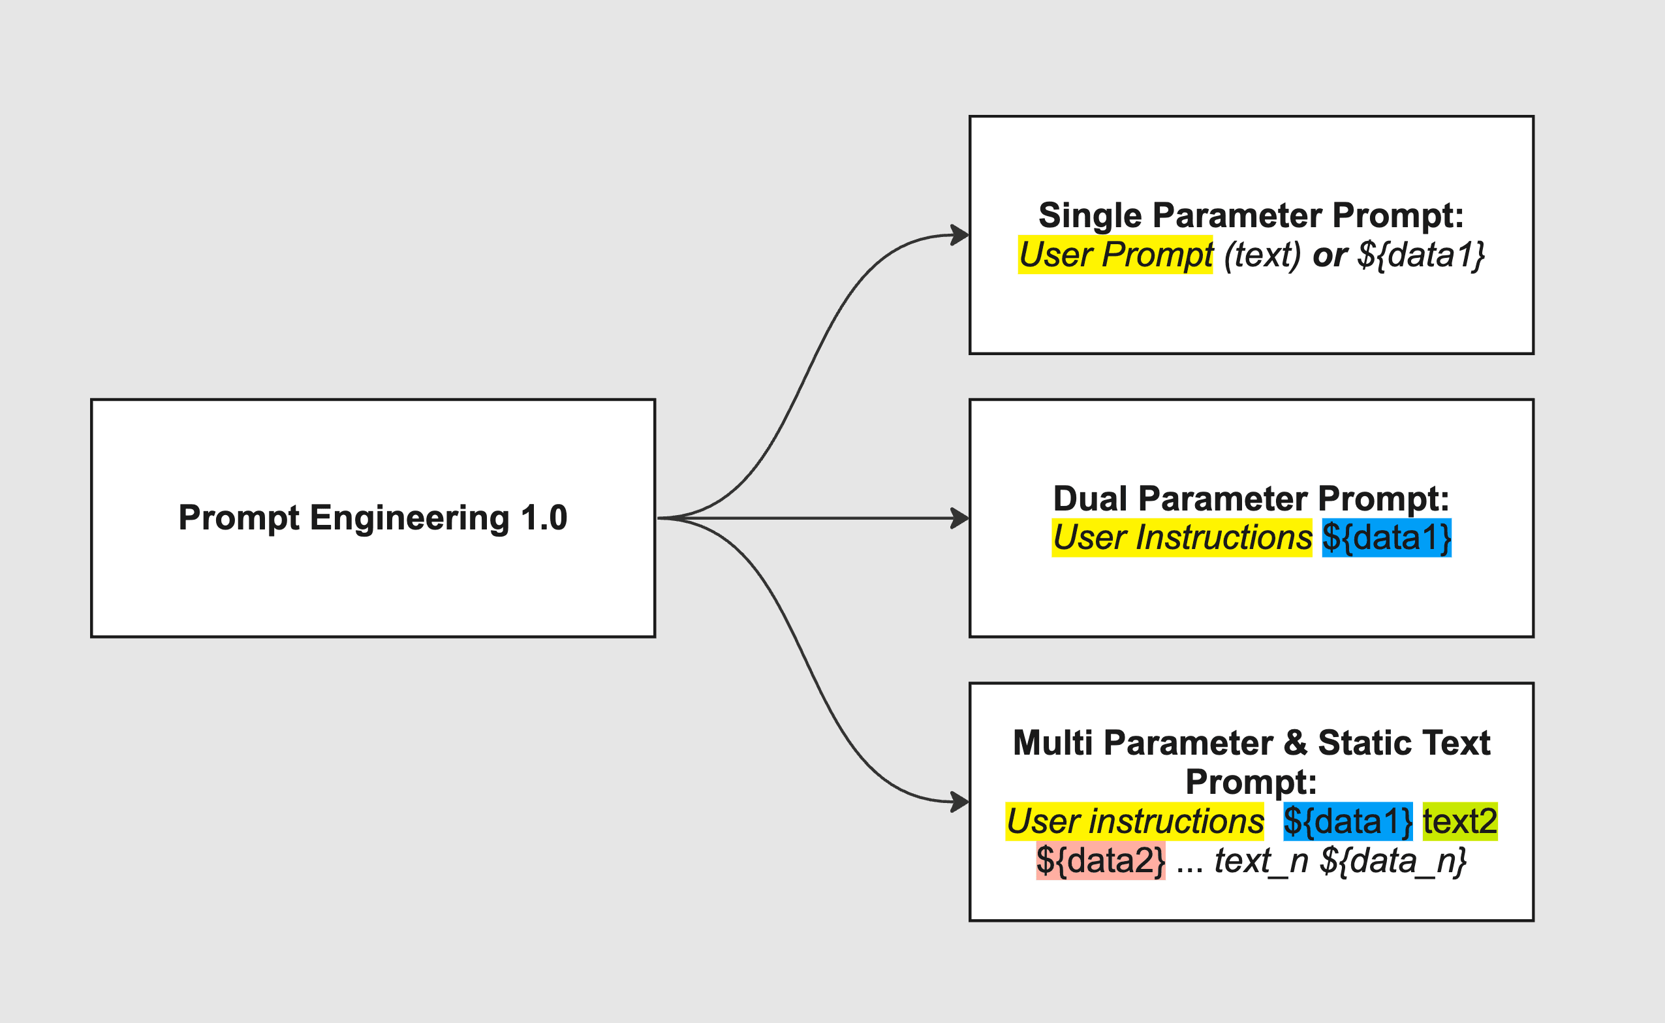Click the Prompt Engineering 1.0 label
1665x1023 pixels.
click(x=373, y=518)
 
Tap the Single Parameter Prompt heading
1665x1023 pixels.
click(x=1251, y=216)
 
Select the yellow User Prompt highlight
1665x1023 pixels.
click(x=1115, y=255)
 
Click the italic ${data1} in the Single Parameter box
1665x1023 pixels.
click(x=1421, y=255)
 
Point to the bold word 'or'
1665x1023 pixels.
click(x=1330, y=256)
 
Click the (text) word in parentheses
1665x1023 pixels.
click(x=1262, y=255)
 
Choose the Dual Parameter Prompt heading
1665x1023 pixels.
click(x=1251, y=499)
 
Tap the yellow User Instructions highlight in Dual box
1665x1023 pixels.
click(x=1182, y=538)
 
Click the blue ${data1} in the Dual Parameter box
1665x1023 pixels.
click(x=1387, y=538)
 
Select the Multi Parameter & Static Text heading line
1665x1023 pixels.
click(x=1251, y=743)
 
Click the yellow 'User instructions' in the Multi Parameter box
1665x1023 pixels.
click(x=1134, y=821)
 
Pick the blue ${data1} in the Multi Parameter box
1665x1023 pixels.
click(x=1348, y=821)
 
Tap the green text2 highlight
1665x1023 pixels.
click(x=1460, y=821)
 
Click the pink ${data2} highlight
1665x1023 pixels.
click(x=1100, y=860)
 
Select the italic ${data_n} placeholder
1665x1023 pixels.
click(x=1393, y=861)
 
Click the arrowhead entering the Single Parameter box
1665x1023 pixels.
click(x=960, y=236)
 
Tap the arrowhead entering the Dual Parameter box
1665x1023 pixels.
click(x=960, y=518)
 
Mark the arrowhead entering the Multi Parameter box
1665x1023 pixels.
click(x=960, y=802)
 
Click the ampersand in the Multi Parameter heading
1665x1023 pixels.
click(x=1295, y=743)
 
